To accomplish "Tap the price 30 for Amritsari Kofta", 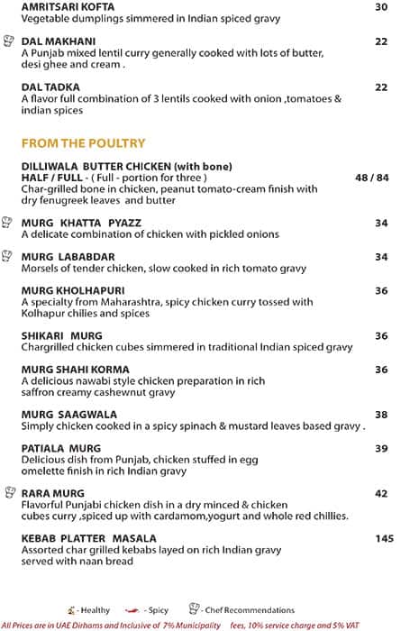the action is [x=381, y=7].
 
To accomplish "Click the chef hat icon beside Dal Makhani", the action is [x=9, y=41].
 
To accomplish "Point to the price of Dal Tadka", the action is [x=381, y=87].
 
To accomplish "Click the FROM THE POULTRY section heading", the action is [x=83, y=143].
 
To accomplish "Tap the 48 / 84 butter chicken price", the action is [x=371, y=178].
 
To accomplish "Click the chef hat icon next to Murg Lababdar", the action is [x=9, y=256].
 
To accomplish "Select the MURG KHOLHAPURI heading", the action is [x=72, y=290].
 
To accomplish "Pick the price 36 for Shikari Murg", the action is [x=381, y=336].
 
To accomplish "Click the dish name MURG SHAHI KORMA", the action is [x=75, y=370].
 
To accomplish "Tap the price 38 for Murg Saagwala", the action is [x=381, y=416].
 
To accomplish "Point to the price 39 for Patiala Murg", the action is [x=381, y=449].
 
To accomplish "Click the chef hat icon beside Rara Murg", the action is [x=9, y=492].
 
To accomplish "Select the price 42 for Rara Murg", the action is [x=381, y=494].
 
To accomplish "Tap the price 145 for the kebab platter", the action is [x=385, y=539].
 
